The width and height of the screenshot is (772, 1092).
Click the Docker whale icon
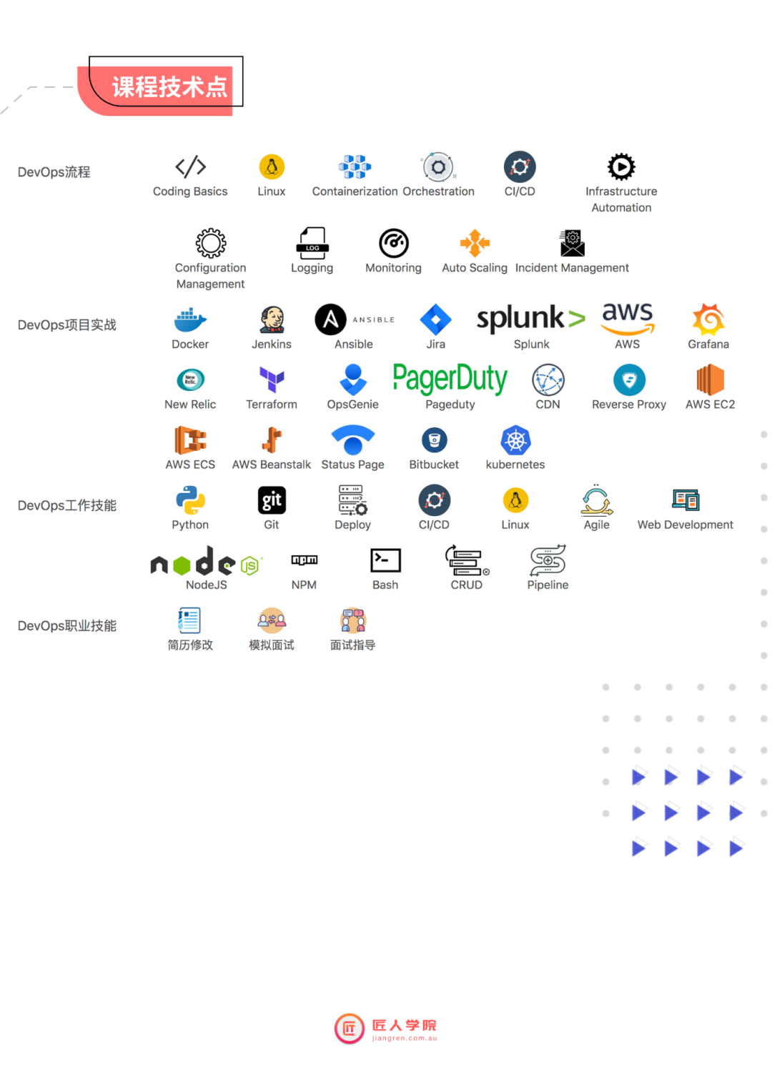(x=190, y=320)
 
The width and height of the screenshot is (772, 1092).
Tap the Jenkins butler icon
(x=272, y=319)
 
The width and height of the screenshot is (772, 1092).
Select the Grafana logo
(x=708, y=319)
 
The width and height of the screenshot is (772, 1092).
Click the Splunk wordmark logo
(x=530, y=319)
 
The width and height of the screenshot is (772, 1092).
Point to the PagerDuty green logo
(x=450, y=378)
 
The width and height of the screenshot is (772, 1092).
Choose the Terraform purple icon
(x=272, y=379)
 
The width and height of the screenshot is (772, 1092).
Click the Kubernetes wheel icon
(x=515, y=440)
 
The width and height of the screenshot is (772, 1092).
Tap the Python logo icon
(x=190, y=500)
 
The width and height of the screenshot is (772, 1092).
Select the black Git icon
(x=272, y=500)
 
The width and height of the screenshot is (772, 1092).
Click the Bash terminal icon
(x=385, y=560)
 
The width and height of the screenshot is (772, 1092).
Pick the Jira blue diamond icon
(x=435, y=319)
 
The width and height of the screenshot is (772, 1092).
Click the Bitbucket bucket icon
(x=434, y=440)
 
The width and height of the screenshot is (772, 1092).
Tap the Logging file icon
(x=312, y=243)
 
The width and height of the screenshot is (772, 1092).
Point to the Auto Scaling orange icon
(x=475, y=243)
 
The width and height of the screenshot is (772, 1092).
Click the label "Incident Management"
(x=572, y=268)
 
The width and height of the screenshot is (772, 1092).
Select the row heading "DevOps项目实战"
(x=67, y=325)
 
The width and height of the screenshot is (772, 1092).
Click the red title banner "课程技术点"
(x=169, y=87)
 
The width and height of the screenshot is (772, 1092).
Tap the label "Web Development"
(x=685, y=525)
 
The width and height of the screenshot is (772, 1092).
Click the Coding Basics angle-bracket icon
(x=190, y=167)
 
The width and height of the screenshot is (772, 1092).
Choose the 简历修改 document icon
(x=189, y=620)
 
